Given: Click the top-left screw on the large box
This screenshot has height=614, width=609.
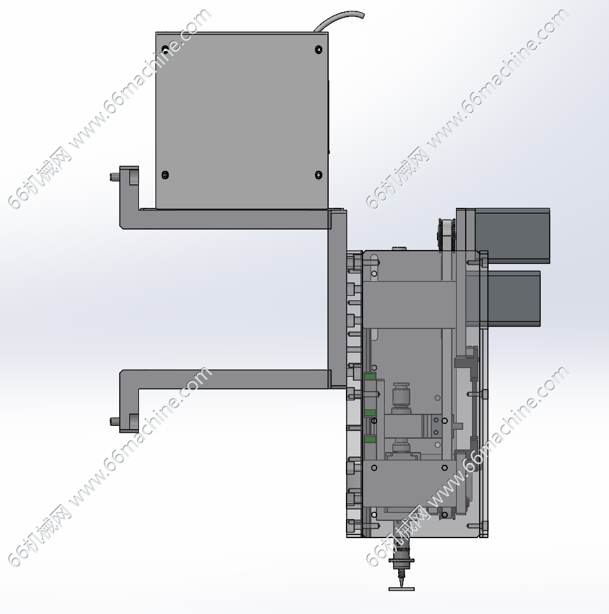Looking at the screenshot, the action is pos(165,50).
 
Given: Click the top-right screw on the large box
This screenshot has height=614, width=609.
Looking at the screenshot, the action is pos(319,50).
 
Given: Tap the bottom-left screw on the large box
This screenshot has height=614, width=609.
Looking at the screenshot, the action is pos(165,175).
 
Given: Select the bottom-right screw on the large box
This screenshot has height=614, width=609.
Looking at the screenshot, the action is pos(319,175).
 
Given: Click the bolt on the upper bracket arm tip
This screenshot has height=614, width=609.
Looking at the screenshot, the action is pos(114,177).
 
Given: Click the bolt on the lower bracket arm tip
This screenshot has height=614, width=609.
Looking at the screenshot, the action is pos(114,421).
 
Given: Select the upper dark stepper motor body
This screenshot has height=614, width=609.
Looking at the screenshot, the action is pos(512,235).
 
